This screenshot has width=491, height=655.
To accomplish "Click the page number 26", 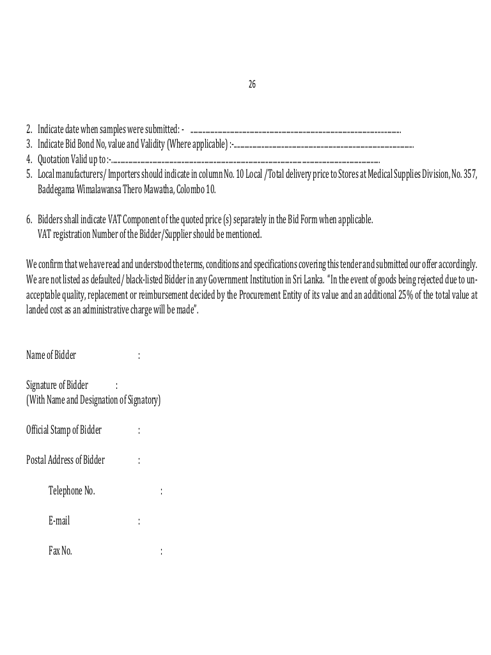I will pos(252,84).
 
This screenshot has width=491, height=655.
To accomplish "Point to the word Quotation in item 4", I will pos(54,159).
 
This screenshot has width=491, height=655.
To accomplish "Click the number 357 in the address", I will pos(471,174).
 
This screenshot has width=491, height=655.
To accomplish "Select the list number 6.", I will pos(29,219).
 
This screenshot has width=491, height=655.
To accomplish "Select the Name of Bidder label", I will pos(51,355).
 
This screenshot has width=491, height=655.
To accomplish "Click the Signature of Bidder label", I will pos(58,385).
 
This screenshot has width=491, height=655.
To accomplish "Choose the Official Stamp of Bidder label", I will pos(64,430).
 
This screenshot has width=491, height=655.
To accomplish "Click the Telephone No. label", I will pos(72,491).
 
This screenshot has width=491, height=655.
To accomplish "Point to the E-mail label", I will pos(59,521).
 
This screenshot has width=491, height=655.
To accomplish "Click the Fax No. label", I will pos(60,551).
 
